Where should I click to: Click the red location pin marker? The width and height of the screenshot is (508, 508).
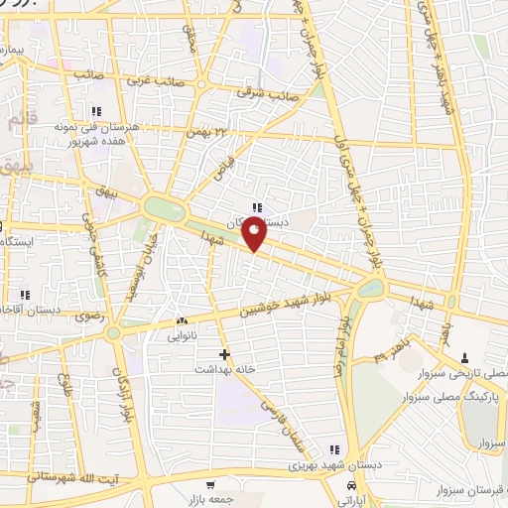click(x=255, y=234)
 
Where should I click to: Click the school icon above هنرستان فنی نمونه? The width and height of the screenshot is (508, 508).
click(x=96, y=111)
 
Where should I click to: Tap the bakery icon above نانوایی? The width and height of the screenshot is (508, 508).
click(x=181, y=321)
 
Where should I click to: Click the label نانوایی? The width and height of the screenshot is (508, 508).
click(x=182, y=336)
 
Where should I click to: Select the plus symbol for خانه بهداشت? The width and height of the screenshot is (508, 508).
click(x=224, y=354)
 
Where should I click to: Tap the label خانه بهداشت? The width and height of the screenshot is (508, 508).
click(x=238, y=368)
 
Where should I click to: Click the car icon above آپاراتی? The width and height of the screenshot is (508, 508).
click(x=352, y=485)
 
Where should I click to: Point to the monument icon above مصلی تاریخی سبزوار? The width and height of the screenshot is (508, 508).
click(x=467, y=356)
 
